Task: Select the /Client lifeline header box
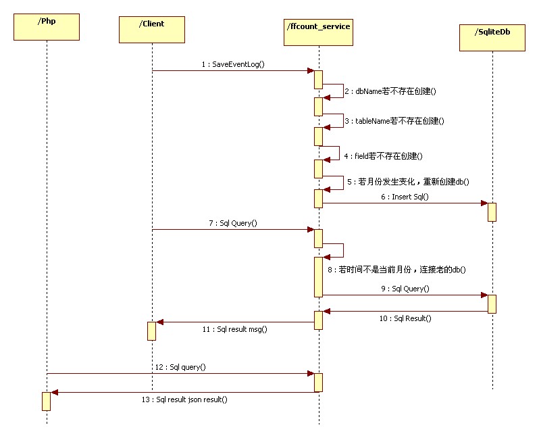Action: point(152,29)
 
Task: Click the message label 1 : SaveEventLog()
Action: point(233,65)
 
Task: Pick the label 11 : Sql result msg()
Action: point(234,329)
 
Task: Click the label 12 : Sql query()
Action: point(180,367)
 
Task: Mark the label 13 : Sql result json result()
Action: point(184,399)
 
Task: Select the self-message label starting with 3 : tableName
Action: point(394,120)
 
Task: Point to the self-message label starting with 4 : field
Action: point(383,156)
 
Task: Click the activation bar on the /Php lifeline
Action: point(47,401)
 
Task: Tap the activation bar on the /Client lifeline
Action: point(152,331)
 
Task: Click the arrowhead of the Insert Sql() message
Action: point(484,203)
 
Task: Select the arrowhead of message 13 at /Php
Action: point(54,392)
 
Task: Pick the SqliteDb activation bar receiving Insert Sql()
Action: point(492,212)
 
